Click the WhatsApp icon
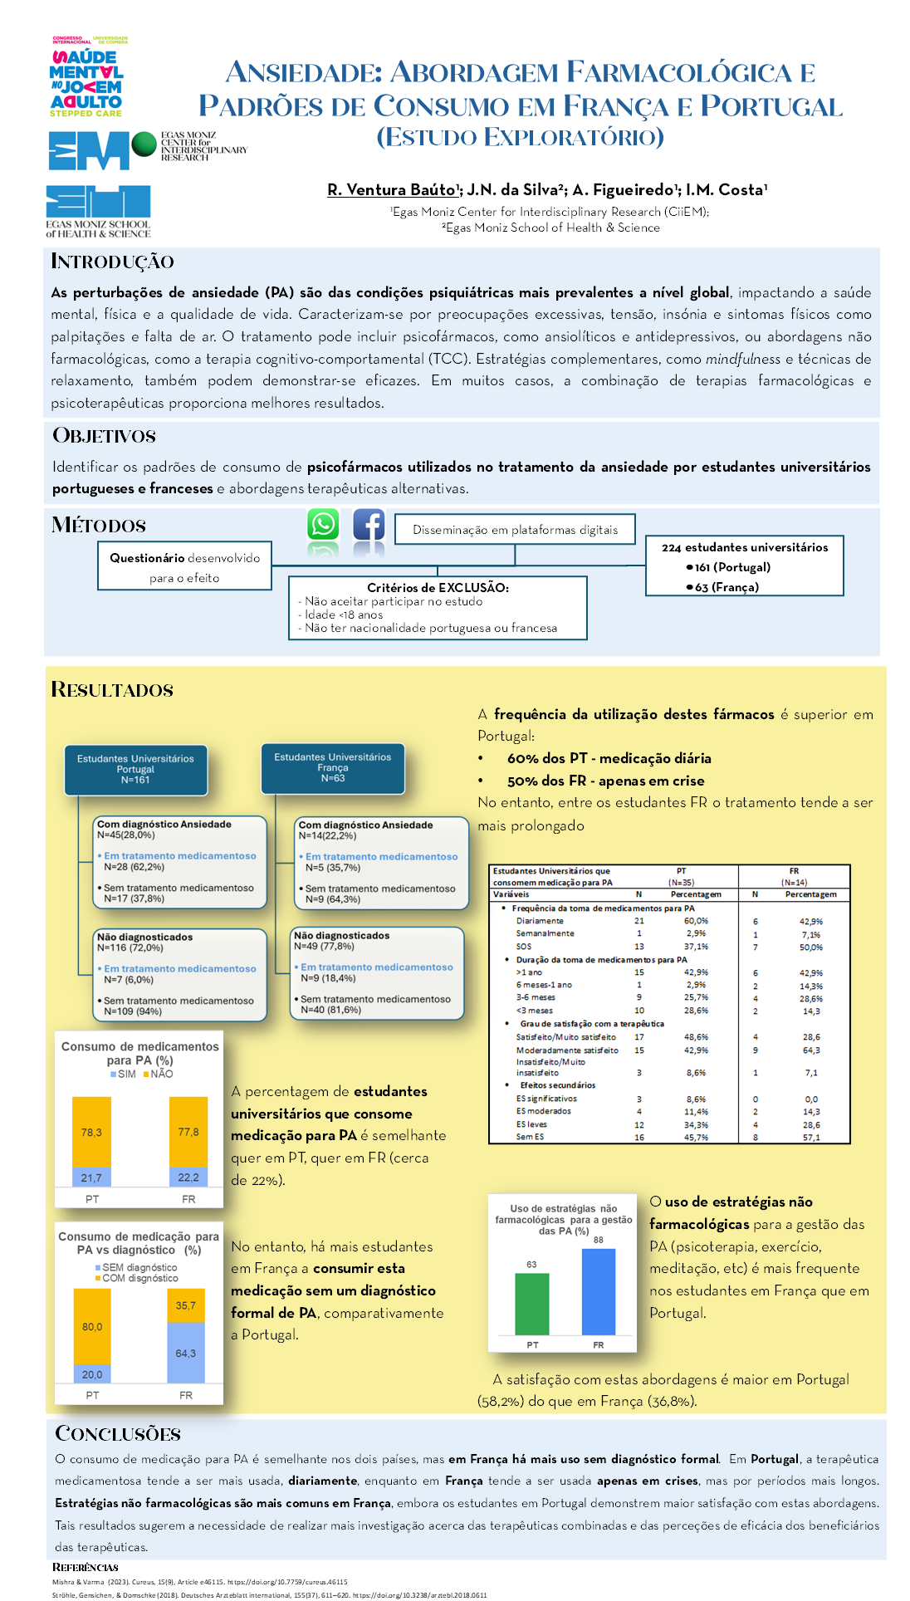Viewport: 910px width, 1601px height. (323, 525)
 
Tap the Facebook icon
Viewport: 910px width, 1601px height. (369, 525)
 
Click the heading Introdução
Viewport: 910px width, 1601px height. (113, 262)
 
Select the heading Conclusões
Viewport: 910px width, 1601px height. (118, 1433)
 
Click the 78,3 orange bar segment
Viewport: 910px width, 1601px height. (91, 1132)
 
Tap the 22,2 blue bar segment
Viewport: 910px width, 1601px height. (188, 1177)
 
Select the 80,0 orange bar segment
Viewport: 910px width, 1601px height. (92, 1327)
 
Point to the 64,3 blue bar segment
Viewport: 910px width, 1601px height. (186, 1353)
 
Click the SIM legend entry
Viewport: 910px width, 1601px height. (123, 1074)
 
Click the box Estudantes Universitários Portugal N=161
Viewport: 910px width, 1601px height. (136, 770)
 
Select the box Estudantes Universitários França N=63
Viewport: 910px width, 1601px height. (333, 768)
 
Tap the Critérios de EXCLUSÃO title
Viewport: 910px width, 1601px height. (438, 587)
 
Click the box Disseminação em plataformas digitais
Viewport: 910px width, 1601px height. (516, 530)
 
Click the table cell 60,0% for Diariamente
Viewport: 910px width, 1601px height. (696, 921)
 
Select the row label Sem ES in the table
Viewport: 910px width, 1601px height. (530, 1137)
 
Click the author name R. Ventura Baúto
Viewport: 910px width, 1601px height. (392, 190)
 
